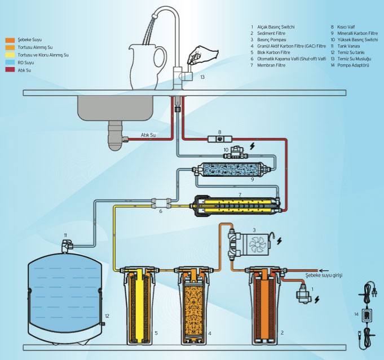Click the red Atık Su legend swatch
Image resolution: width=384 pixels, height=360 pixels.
click(x=10, y=70)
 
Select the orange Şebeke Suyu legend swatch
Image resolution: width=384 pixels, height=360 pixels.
click(x=10, y=40)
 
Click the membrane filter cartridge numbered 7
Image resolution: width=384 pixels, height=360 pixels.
click(x=236, y=205)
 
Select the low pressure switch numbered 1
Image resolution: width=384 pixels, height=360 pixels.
click(x=304, y=292)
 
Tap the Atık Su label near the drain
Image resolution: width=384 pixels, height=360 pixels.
click(x=148, y=135)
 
